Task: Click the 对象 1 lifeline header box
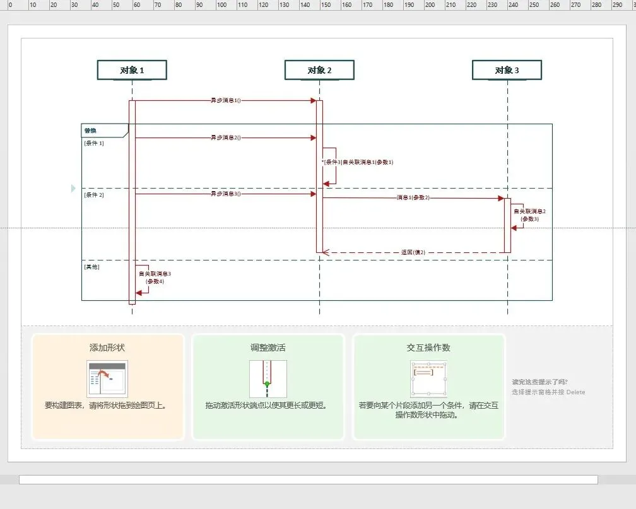(x=132, y=70)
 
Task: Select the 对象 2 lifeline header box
(x=319, y=70)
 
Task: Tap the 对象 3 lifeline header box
(x=507, y=70)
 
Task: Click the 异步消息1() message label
(x=225, y=100)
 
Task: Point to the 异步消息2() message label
(x=225, y=137)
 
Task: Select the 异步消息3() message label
(x=225, y=194)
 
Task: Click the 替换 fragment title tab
(x=91, y=131)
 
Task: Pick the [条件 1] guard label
(x=94, y=143)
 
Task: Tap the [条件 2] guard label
(x=94, y=195)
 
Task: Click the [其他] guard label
(x=92, y=267)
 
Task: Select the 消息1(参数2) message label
(x=413, y=198)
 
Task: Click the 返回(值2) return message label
(x=413, y=252)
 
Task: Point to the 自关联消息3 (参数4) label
(x=155, y=278)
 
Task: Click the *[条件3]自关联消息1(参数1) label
(x=358, y=162)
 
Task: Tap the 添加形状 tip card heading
(x=107, y=348)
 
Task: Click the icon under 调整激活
(x=268, y=379)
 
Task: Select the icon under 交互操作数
(x=428, y=379)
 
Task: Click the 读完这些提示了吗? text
(x=539, y=382)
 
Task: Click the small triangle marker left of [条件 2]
(x=73, y=188)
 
